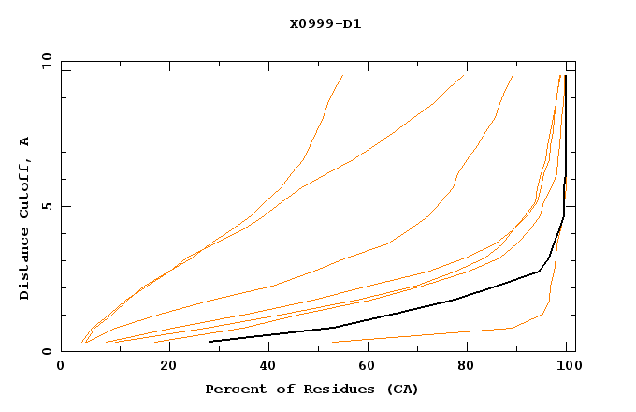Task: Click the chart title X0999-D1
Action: point(325,23)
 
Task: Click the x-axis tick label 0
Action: point(61,367)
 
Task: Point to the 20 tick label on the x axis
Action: point(163,367)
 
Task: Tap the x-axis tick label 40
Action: point(265,367)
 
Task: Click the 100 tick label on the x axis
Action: point(567,367)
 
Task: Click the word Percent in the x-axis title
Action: point(234,389)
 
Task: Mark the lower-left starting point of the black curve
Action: point(210,341)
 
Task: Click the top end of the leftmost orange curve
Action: point(343,75)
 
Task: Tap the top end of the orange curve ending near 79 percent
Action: point(463,75)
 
